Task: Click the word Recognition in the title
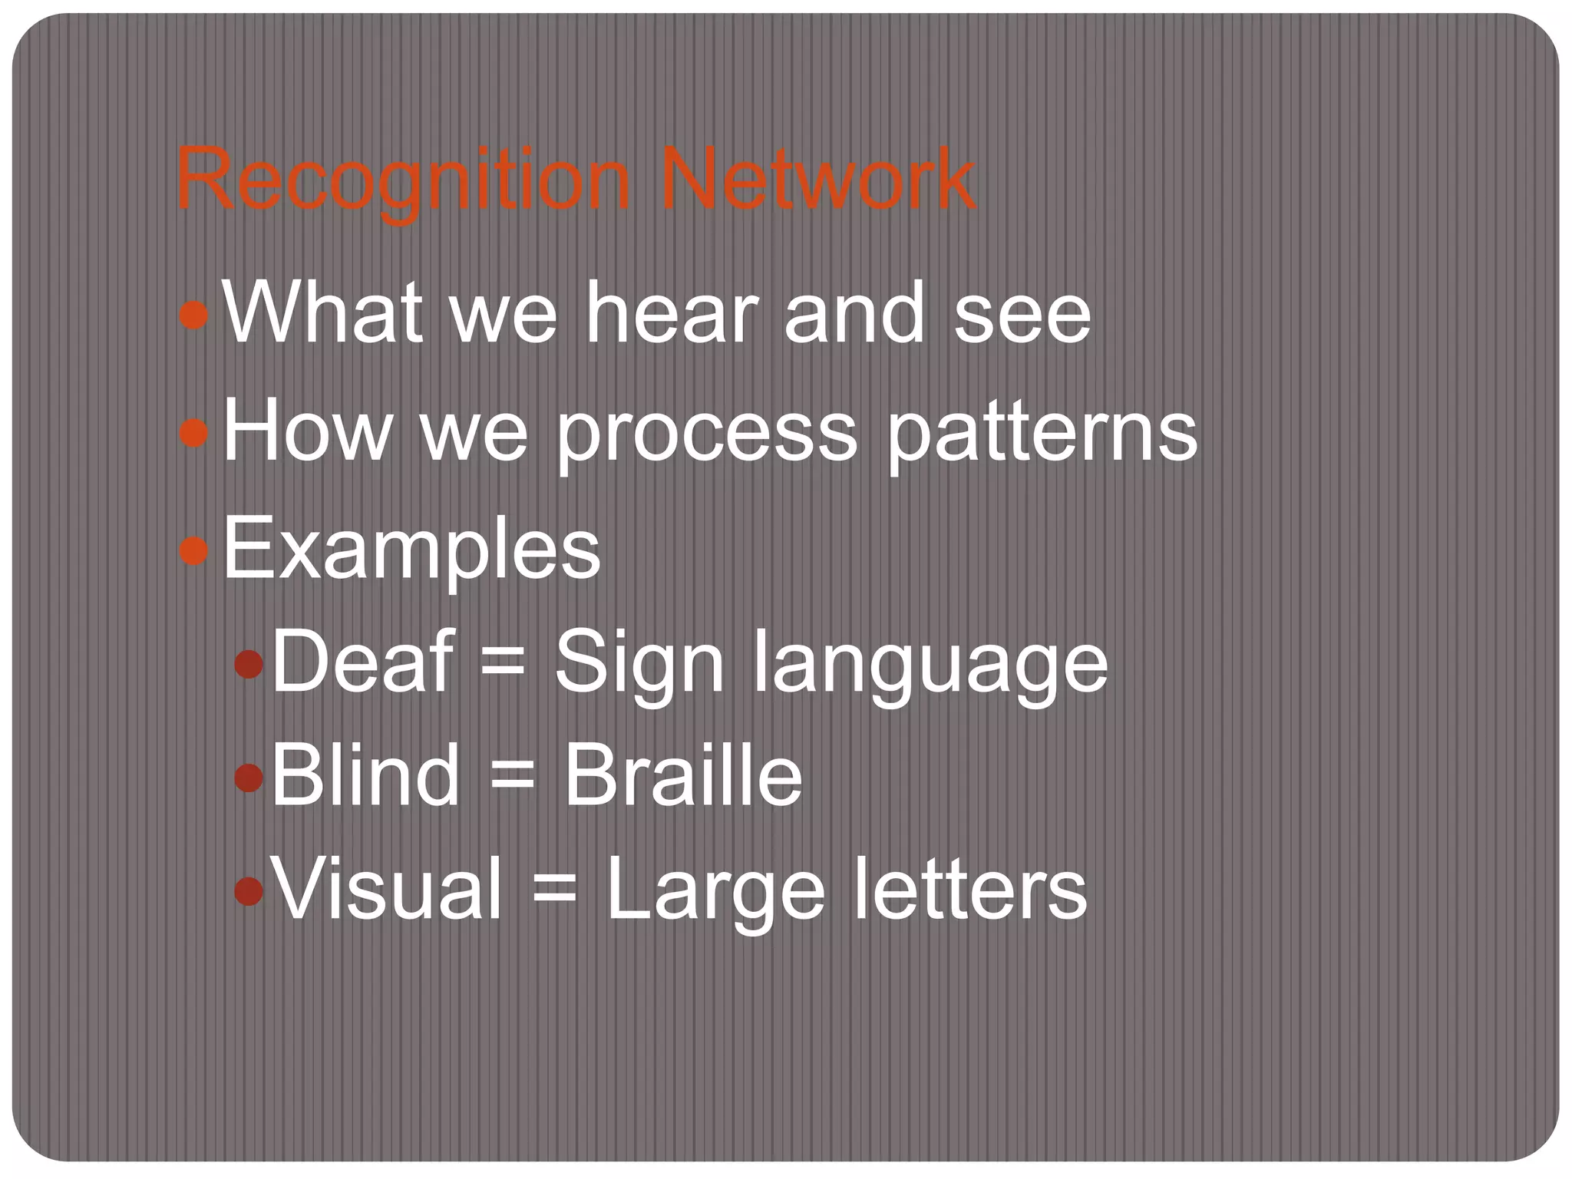(x=403, y=181)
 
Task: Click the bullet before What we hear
(x=193, y=315)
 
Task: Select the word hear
(x=672, y=313)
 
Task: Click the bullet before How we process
(x=193, y=432)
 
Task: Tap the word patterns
(x=1042, y=434)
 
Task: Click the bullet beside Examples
(x=193, y=550)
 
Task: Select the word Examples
(x=411, y=550)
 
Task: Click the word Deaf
(x=362, y=660)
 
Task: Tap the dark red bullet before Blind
(x=249, y=778)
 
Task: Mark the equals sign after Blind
(x=511, y=778)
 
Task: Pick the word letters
(x=970, y=890)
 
